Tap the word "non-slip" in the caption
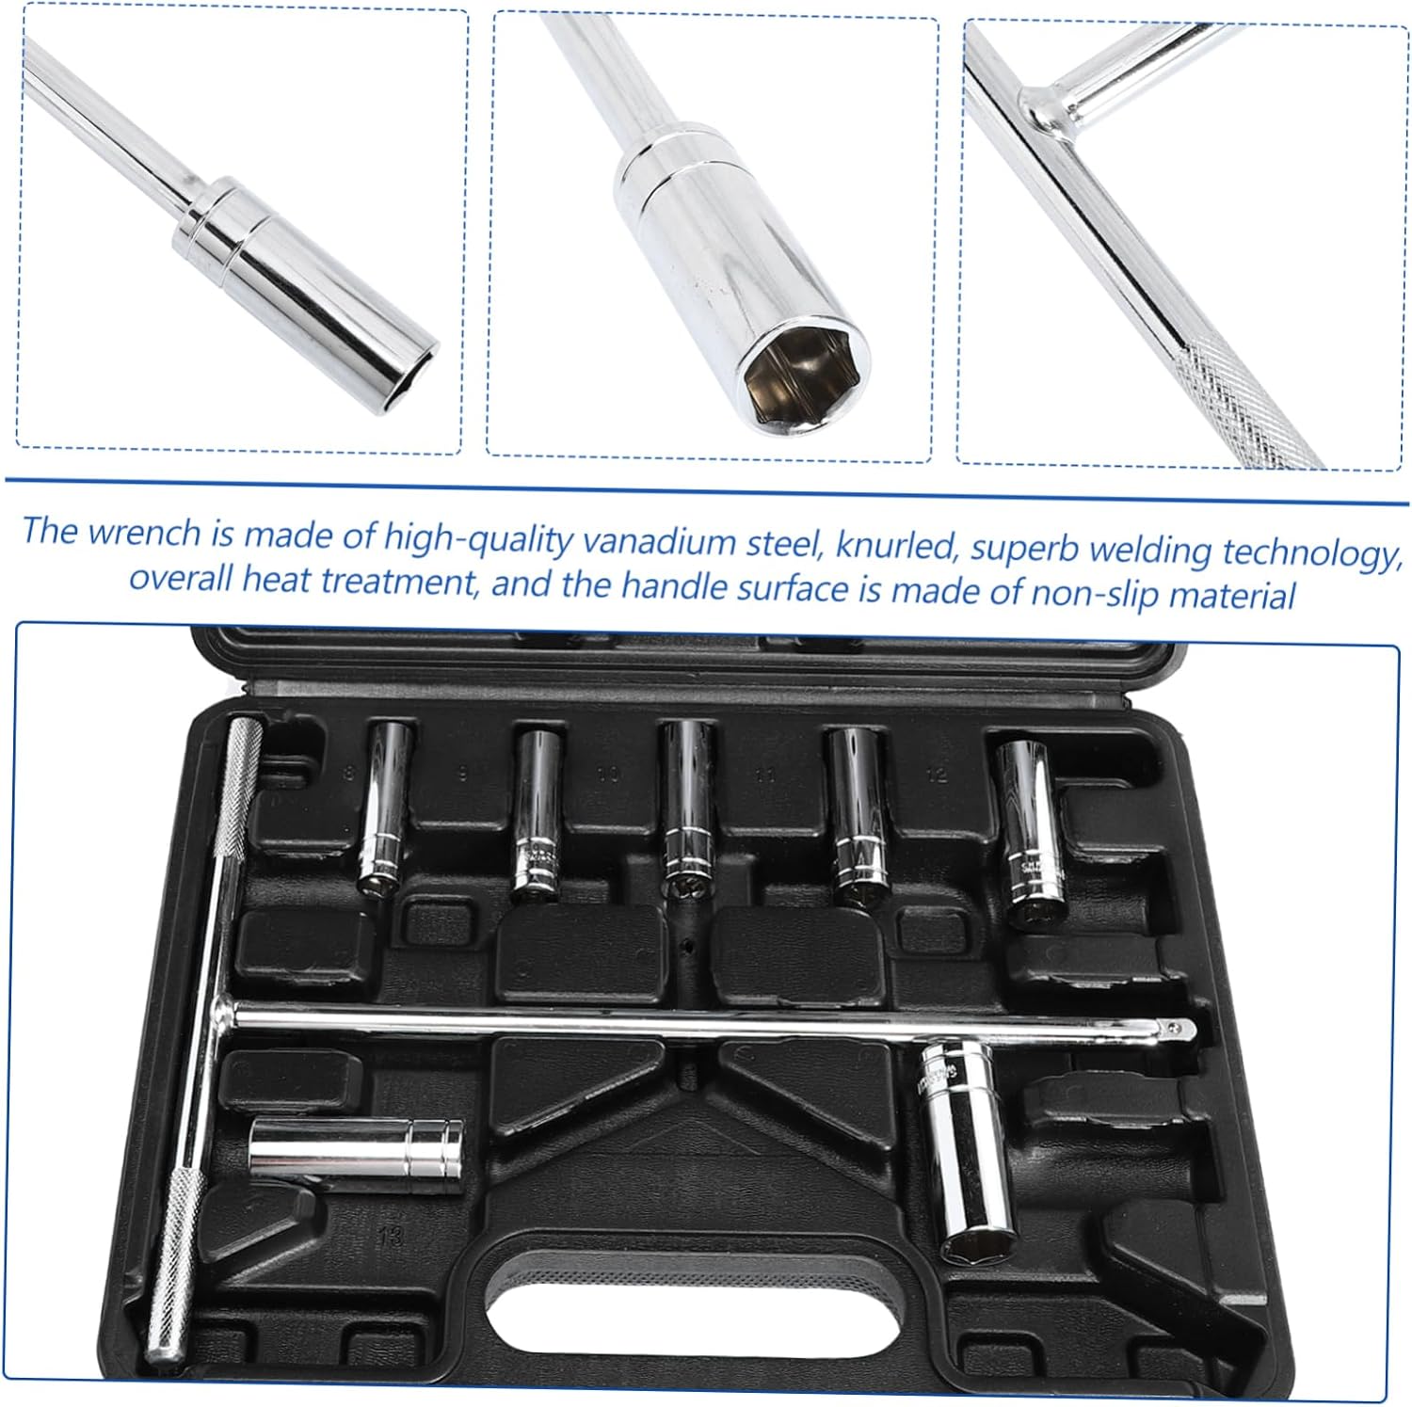[1100, 592]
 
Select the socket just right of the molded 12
[1028, 832]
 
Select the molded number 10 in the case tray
[607, 775]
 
